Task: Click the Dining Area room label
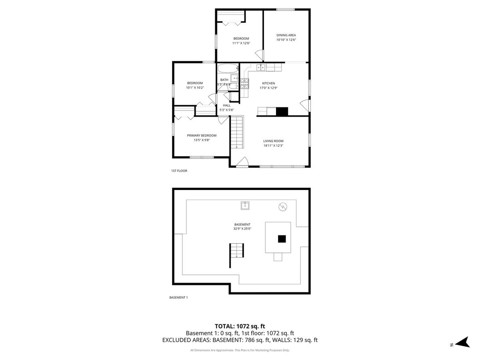286,35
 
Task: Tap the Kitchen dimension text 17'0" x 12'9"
268,88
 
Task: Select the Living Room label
273,141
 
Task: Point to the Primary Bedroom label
202,136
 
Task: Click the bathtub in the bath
228,68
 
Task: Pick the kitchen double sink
261,67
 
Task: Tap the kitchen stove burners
244,84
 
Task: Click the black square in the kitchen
282,111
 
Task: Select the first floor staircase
237,132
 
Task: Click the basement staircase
237,250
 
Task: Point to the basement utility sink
245,206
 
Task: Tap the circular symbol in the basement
282,207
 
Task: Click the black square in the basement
282,239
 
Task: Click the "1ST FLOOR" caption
179,171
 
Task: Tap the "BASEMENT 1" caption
178,298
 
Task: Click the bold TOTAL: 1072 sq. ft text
240,326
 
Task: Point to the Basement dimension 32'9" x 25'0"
242,229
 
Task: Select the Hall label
226,105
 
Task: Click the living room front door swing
242,162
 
